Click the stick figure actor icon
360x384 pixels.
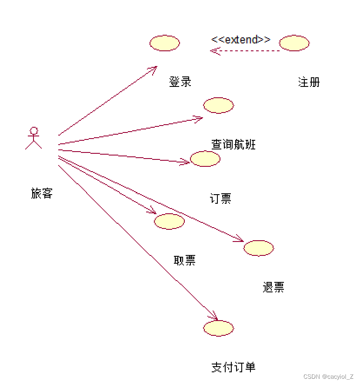(33, 138)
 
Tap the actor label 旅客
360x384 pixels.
(42, 193)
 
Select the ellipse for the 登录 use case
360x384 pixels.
(164, 43)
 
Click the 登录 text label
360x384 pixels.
(180, 82)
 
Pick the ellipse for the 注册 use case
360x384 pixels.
(294, 43)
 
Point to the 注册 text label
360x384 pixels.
(309, 82)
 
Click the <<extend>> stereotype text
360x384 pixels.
(240, 40)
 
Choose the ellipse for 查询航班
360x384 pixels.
(218, 105)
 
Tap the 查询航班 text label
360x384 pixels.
(233, 144)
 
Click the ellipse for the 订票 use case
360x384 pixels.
(205, 159)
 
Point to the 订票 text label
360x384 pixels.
(220, 199)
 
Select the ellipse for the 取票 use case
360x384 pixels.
(169, 221)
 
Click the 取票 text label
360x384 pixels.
(184, 260)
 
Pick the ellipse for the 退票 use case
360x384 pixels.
(259, 248)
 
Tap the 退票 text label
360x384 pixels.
(273, 287)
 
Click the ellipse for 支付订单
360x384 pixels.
(218, 328)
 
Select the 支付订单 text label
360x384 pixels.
(233, 367)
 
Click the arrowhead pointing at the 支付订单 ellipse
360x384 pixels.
(213, 317)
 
